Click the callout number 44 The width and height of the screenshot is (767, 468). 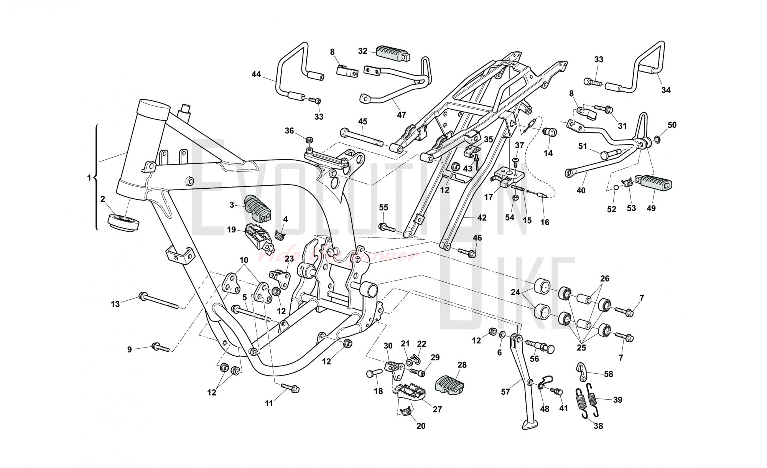pyautogui.click(x=256, y=74)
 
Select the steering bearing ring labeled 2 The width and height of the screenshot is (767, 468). pyautogui.click(x=123, y=222)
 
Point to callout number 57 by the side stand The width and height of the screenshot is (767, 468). pyautogui.click(x=505, y=392)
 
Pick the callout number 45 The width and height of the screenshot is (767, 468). pyautogui.click(x=362, y=122)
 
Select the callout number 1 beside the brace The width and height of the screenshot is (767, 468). pyautogui.click(x=89, y=178)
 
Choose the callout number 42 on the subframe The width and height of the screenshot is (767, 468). pyautogui.click(x=482, y=218)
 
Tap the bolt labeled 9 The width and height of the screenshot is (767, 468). pyautogui.click(x=161, y=348)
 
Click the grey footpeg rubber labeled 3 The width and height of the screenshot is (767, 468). pyautogui.click(x=257, y=209)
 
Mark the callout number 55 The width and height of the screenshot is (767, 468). pyautogui.click(x=383, y=208)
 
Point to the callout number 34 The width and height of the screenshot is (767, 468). pyautogui.click(x=666, y=90)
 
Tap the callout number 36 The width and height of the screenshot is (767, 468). pyautogui.click(x=289, y=131)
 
